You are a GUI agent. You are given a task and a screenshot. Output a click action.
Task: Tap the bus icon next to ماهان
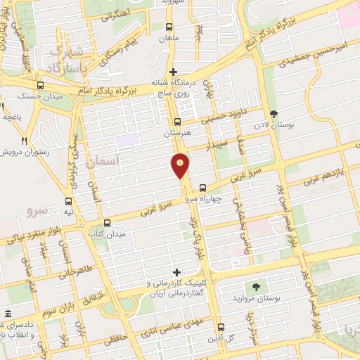pos(167,26)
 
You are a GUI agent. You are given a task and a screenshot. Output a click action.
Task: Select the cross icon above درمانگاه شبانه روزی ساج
pos(174,72)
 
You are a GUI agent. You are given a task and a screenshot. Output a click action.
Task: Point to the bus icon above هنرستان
pos(176,121)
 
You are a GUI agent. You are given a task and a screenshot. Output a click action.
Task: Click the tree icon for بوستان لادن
pos(273,115)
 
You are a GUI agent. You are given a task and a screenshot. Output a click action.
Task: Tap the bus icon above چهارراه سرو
pos(202,188)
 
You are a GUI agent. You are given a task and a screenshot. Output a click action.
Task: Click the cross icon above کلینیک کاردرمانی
pos(176,271)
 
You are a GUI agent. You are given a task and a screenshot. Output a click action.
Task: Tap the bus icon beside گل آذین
pos(221,327)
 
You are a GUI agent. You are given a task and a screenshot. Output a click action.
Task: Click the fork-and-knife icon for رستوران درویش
pos(25,140)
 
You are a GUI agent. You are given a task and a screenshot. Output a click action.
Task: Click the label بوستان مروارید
pos(255,299)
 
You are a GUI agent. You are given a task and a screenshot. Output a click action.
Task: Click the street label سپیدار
pos(217,145)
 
